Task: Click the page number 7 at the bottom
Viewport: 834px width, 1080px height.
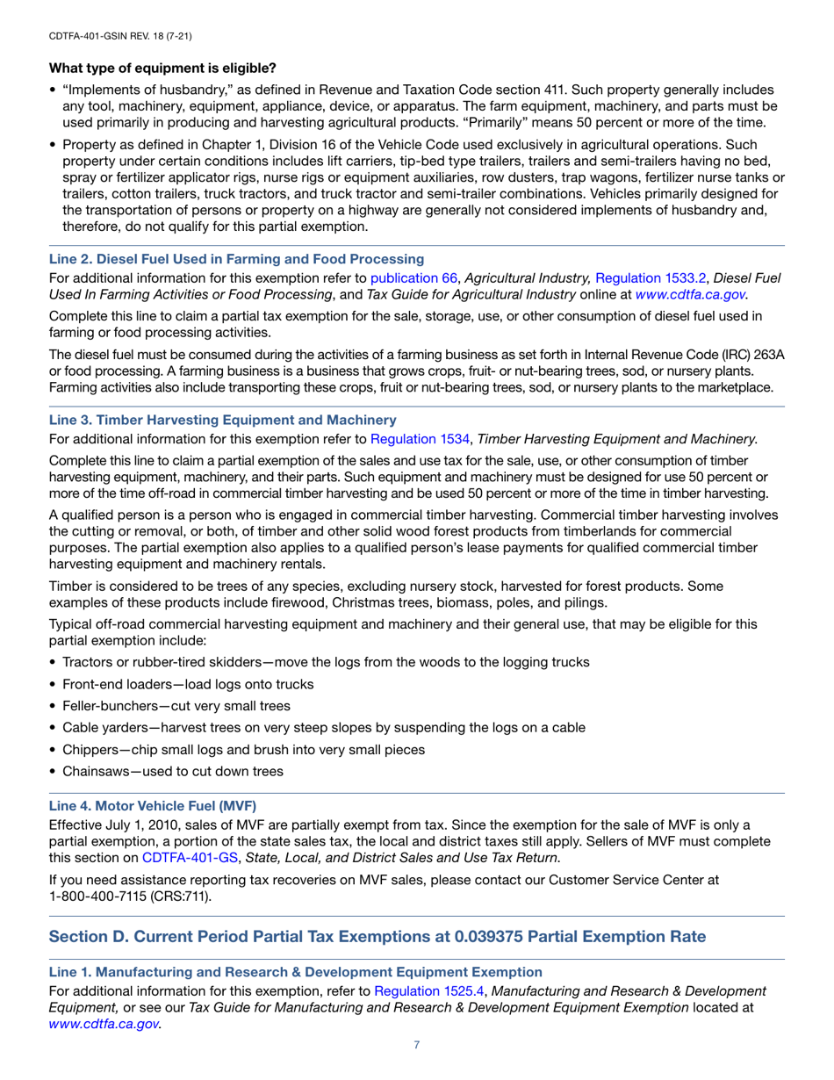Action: tap(417, 1044)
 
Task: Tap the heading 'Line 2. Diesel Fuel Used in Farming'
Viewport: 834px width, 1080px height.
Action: tap(236, 259)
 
